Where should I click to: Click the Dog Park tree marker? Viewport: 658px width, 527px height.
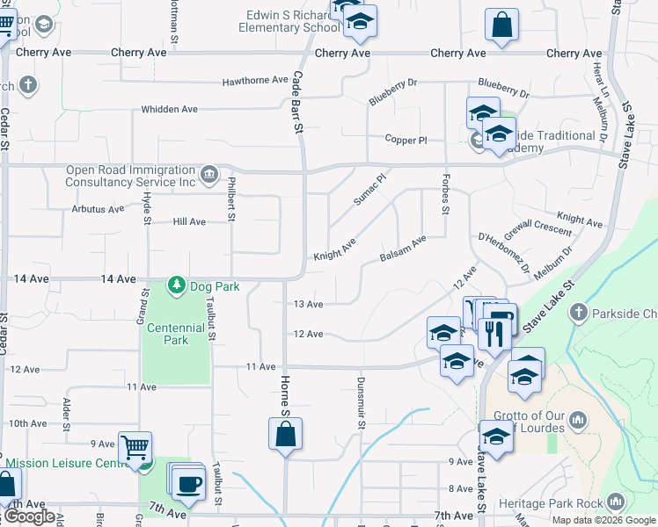[x=177, y=285]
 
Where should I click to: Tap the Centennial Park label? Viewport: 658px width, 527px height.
[x=176, y=333]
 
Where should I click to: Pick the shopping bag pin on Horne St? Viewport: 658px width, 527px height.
[x=286, y=434]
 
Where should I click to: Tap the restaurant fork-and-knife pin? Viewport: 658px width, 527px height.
[x=493, y=333]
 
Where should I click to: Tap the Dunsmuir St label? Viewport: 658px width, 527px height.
[x=361, y=403]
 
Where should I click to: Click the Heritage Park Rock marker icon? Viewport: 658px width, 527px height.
[x=614, y=502]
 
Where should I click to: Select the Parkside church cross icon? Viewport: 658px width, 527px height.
[x=579, y=312]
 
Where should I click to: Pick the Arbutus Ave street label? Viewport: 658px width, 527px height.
[x=99, y=209]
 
